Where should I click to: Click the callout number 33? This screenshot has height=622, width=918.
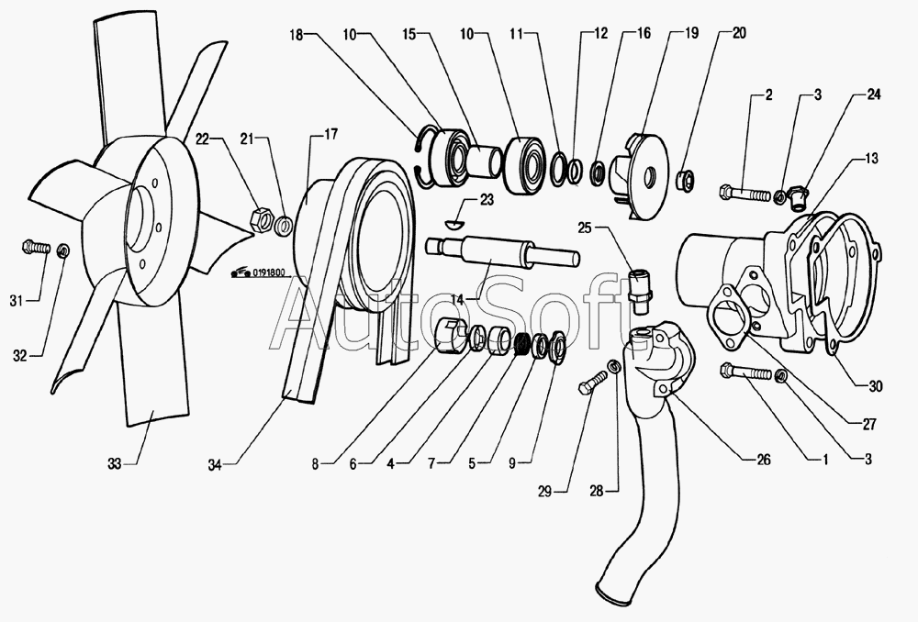[x=115, y=465]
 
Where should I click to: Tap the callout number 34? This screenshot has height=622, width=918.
[x=216, y=464]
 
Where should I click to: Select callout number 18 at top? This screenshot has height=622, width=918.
[x=297, y=33]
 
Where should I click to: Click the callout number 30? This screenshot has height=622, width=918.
[x=875, y=386]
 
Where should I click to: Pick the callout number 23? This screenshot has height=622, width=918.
[x=486, y=200]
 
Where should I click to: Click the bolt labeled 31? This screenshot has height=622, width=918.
[x=33, y=248]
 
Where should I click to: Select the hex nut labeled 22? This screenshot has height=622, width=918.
[x=260, y=218]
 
